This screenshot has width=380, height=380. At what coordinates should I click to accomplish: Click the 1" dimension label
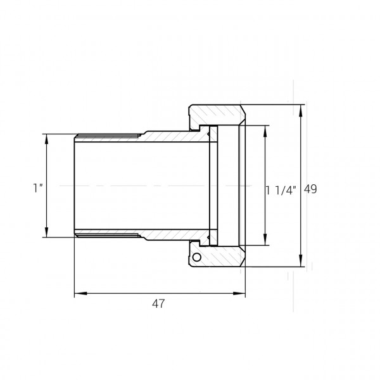point(38,188)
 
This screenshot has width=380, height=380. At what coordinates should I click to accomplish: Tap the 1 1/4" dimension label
point(281,191)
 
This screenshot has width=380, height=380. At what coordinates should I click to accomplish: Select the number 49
point(310,189)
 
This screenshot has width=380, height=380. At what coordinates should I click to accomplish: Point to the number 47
point(158,303)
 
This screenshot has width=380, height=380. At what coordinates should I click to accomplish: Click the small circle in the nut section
point(197,257)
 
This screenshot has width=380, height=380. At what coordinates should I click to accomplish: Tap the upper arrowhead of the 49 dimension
point(301,111)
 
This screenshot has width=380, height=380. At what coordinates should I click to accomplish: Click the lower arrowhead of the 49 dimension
point(301,261)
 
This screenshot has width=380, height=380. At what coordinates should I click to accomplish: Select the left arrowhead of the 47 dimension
point(80,293)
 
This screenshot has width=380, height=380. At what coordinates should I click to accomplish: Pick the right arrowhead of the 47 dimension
point(239,293)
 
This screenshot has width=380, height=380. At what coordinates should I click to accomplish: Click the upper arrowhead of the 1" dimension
point(46,140)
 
